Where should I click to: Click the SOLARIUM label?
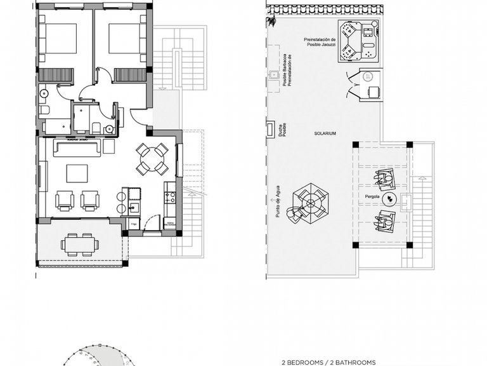pyautogui.click(x=324, y=133)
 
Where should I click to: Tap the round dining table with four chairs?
pyautogui.click(x=152, y=159)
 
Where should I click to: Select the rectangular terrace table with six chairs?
pyautogui.click(x=79, y=244)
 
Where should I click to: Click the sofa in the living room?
pyautogui.click(x=77, y=149)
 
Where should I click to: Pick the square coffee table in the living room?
pyautogui.click(x=77, y=173)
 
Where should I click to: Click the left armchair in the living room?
pyautogui.click(x=65, y=200)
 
